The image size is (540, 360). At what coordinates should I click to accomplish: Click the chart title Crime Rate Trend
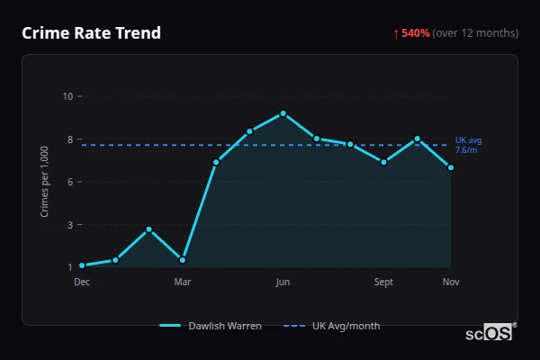[x=92, y=33]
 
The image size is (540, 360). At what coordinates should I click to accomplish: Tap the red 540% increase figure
[x=415, y=33]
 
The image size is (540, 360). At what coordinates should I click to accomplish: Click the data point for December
[x=82, y=265]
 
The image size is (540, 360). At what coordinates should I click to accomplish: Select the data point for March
[x=183, y=260]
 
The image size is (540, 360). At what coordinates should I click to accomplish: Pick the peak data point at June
[x=283, y=113]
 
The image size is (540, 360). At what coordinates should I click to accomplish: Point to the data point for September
[x=384, y=162]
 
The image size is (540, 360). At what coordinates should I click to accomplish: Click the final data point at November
[x=451, y=167]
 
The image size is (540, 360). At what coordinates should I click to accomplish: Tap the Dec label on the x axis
[x=82, y=282]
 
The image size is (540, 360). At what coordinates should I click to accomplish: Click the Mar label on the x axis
[x=183, y=282]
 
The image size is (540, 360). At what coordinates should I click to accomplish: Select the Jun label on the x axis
[x=283, y=282]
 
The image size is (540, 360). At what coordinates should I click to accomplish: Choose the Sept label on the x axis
[x=384, y=282]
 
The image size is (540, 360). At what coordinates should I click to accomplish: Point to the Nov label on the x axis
[x=451, y=282]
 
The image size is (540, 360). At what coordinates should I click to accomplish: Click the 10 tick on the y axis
[x=68, y=96]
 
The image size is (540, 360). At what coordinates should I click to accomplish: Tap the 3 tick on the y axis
[x=70, y=224]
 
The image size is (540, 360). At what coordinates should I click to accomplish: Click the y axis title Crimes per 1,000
[x=44, y=182]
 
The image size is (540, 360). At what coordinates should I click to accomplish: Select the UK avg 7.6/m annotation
[x=468, y=145]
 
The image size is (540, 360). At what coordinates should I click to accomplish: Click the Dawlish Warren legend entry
[x=211, y=326]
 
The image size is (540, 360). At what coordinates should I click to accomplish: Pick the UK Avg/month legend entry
[x=332, y=326]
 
